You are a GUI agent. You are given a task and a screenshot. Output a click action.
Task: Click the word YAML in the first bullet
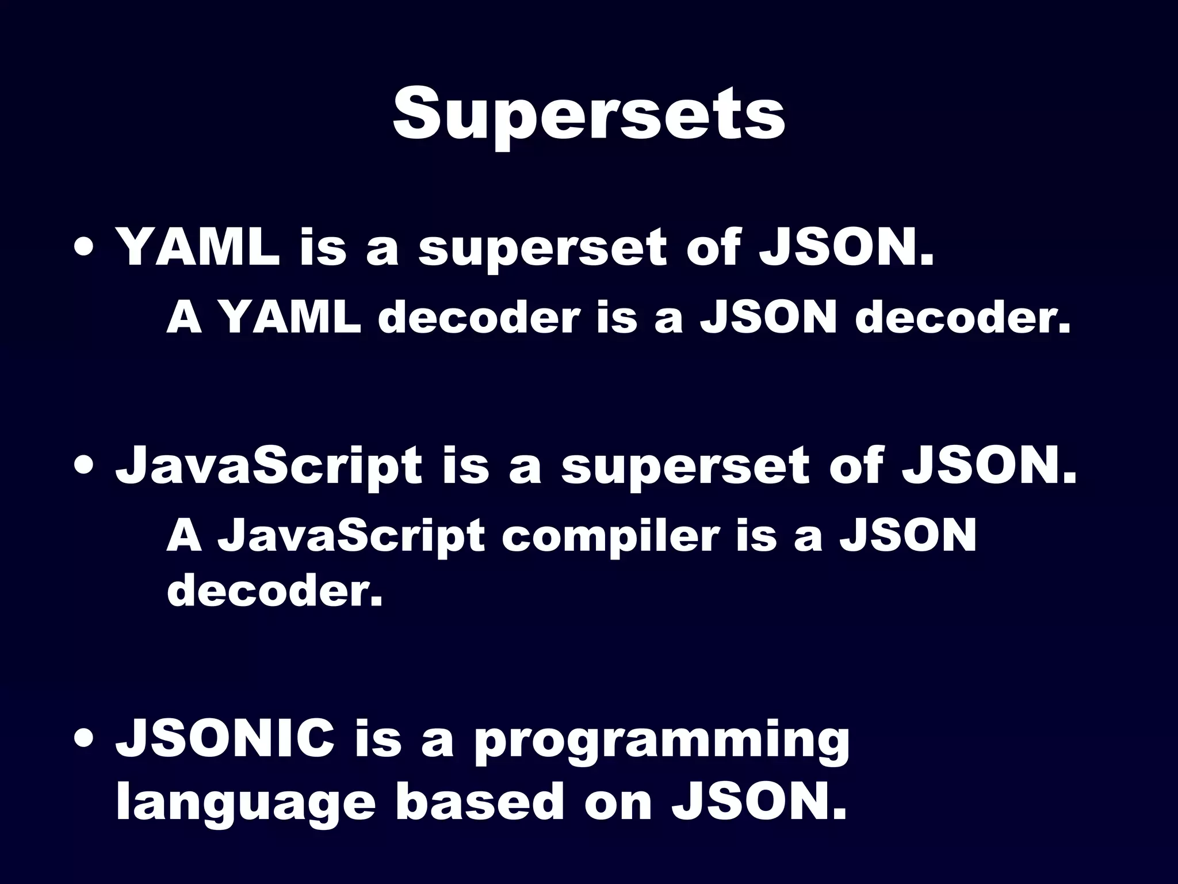[x=197, y=249]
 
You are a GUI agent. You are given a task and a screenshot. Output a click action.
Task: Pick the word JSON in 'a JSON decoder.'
[x=767, y=318]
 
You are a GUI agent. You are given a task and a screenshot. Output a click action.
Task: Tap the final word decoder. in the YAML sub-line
[x=963, y=318]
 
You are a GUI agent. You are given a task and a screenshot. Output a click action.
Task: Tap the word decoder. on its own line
[x=274, y=591]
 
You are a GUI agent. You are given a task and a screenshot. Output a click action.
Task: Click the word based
[x=479, y=802]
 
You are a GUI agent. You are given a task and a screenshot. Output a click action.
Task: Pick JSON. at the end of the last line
[x=759, y=802]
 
